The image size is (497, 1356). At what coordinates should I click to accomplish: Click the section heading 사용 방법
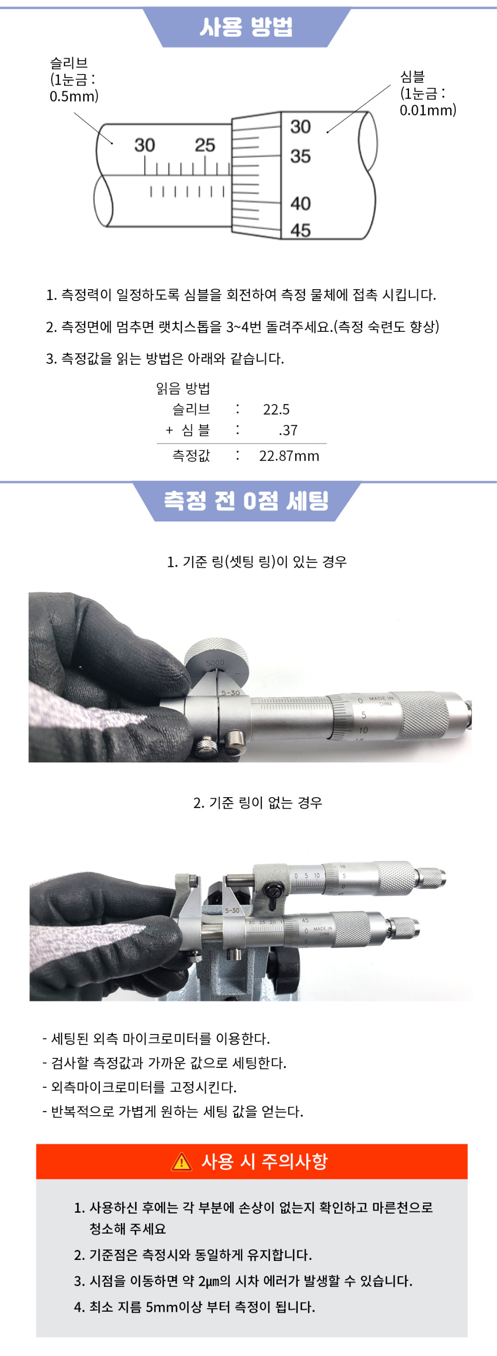(x=246, y=26)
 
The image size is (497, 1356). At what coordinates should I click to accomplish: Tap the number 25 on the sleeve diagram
(x=205, y=145)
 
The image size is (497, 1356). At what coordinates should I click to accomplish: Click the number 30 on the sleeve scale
(x=144, y=145)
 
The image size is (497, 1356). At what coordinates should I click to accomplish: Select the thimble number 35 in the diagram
(x=300, y=156)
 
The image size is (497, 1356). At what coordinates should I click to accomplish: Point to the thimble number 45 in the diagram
(x=300, y=230)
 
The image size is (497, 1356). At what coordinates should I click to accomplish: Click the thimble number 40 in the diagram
(x=300, y=203)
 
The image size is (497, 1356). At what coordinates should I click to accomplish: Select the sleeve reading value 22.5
(x=276, y=410)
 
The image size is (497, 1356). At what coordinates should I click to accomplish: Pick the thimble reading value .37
(x=288, y=430)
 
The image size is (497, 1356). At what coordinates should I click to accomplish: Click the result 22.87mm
(x=289, y=456)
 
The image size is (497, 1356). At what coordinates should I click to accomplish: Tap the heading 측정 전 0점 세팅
(x=246, y=501)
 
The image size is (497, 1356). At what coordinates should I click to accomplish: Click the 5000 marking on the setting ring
(x=215, y=663)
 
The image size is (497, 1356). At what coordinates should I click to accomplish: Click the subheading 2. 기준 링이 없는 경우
(x=258, y=803)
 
